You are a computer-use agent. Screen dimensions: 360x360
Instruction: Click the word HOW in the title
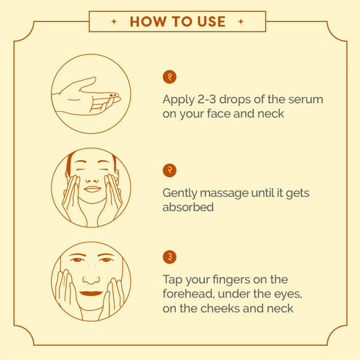coord(148,21)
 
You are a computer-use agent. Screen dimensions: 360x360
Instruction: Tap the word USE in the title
coord(212,21)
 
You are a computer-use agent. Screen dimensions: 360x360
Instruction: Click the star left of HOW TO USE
coord(114,21)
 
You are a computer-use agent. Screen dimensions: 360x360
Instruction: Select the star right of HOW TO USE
coord(241,21)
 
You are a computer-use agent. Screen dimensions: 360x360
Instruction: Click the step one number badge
coord(170,77)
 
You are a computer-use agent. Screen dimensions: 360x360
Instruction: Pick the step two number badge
coord(170,170)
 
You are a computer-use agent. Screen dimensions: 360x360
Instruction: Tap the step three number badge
coord(170,257)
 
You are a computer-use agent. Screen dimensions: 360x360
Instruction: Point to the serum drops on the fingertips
coord(113,96)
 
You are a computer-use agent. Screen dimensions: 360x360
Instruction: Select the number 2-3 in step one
coord(207,99)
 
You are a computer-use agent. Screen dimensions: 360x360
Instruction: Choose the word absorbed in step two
coord(188,207)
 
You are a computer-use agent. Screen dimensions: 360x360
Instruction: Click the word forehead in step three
coord(188,294)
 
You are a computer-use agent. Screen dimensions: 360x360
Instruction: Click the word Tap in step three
coord(173,280)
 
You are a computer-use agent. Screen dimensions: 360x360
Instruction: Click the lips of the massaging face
coord(93,189)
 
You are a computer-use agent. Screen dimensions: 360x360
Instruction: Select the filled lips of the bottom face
coord(91,293)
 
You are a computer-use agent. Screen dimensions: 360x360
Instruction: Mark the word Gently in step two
coord(179,194)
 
